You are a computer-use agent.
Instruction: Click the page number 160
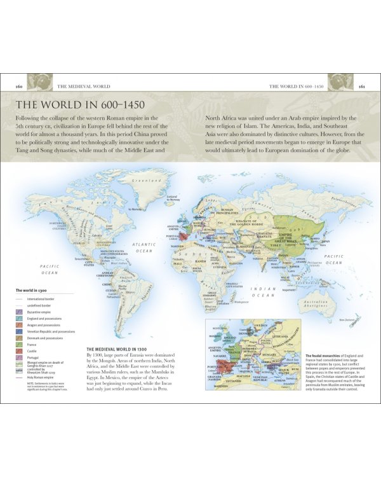(x=19, y=86)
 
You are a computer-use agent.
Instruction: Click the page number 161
(x=361, y=86)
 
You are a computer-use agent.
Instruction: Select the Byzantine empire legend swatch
(x=19, y=312)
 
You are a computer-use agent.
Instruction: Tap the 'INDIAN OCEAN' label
(x=262, y=292)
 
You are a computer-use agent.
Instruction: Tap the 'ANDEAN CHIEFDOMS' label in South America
(x=105, y=273)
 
